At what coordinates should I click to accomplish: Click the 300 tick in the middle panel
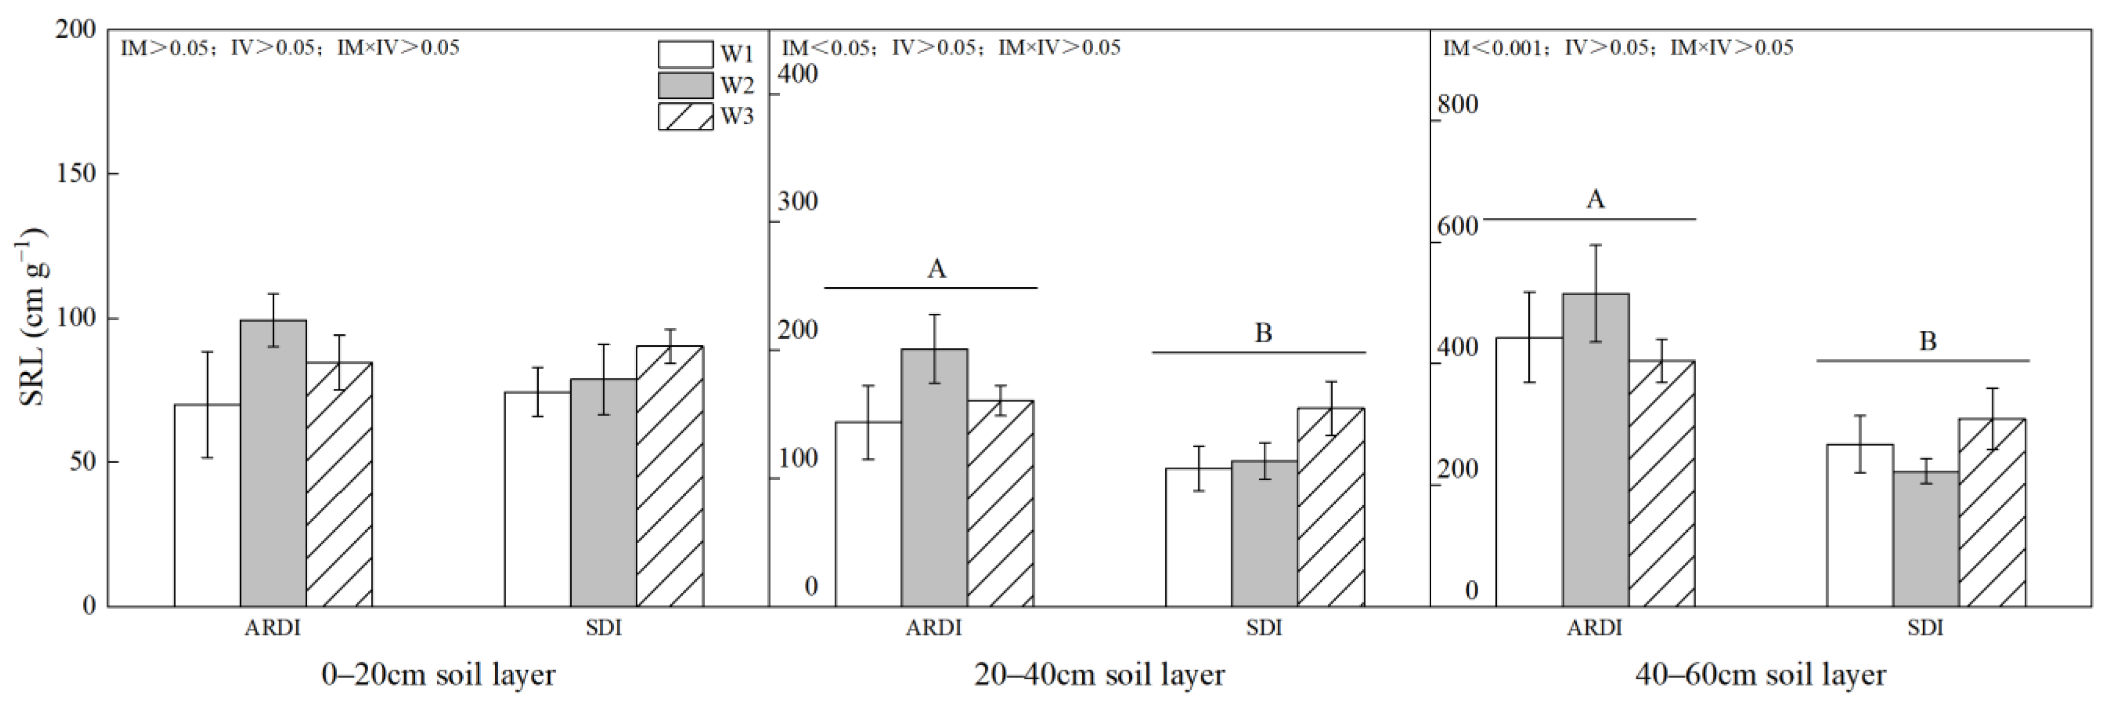pos(798,202)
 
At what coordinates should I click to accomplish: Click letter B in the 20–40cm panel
pos(1263,333)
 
